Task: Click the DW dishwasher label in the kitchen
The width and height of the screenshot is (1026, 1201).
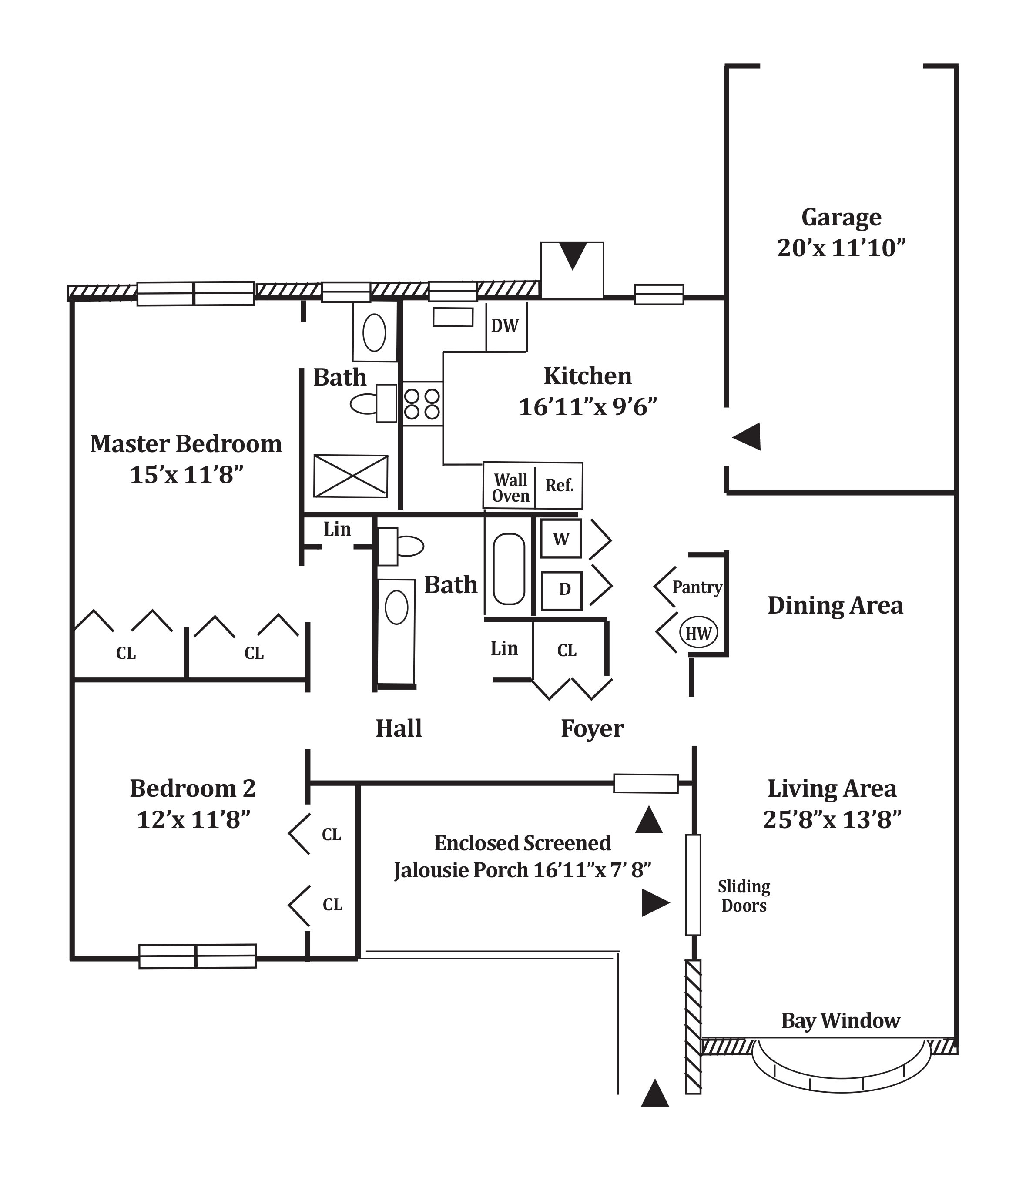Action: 504,326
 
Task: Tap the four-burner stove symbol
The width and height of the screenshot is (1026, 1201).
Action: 422,403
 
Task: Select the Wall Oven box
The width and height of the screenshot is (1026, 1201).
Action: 510,486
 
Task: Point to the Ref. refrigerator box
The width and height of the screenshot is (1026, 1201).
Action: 559,486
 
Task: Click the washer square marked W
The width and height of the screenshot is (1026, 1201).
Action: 560,538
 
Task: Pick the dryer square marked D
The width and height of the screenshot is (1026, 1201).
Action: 561,590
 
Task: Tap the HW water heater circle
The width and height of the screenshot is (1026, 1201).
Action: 698,633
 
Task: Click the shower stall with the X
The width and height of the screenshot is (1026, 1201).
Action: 351,476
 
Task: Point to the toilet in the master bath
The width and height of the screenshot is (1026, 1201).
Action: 373,403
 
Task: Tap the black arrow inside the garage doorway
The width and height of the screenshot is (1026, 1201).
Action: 747,436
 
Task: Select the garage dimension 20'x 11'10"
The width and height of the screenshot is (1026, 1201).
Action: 841,248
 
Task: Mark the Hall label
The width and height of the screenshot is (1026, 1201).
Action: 399,728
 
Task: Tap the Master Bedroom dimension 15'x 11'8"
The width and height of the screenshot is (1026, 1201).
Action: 186,475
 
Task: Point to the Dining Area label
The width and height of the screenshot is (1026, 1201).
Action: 835,606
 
